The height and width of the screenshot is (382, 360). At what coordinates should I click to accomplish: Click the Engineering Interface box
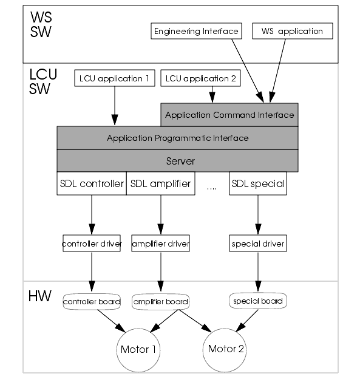click(x=196, y=31)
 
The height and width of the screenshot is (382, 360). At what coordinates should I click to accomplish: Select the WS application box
click(x=293, y=31)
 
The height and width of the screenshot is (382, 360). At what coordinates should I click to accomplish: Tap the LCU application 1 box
click(x=115, y=78)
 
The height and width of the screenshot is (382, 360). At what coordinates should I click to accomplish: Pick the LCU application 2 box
click(x=201, y=78)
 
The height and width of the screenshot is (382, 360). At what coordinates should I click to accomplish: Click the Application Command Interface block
click(x=229, y=115)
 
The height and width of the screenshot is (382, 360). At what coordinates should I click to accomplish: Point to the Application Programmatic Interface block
click(x=177, y=138)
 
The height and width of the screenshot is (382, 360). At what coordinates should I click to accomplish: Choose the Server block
click(x=177, y=161)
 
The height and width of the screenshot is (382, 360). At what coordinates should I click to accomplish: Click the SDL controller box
click(x=92, y=183)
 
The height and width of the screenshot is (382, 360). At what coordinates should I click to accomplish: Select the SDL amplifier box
click(x=160, y=183)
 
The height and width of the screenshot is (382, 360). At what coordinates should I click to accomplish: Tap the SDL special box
click(x=258, y=183)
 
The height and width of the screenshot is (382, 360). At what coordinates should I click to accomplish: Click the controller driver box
click(x=92, y=244)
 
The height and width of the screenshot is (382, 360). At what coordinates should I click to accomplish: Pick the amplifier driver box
click(x=160, y=244)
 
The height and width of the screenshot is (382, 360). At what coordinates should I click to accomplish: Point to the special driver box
click(x=258, y=244)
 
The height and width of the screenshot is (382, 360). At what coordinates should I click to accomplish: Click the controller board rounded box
click(x=92, y=302)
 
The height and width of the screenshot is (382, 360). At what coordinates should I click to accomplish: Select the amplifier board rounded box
click(x=160, y=302)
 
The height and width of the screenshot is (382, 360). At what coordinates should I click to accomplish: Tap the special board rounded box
click(x=258, y=301)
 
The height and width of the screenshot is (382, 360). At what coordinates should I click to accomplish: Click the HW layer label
click(x=40, y=296)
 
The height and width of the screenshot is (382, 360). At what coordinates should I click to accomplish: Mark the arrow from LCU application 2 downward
click(x=212, y=95)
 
